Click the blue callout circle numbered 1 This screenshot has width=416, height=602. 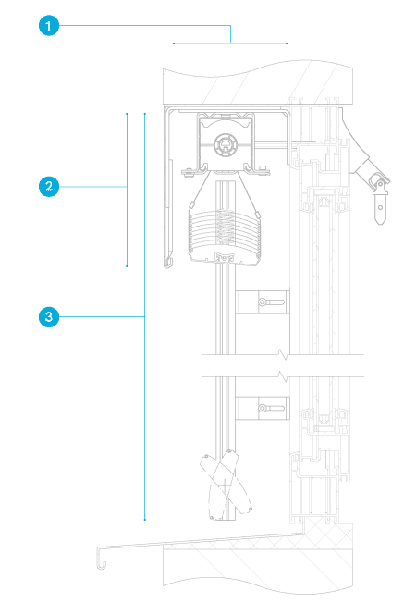(x=49, y=26)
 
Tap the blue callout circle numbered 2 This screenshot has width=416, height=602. (x=49, y=187)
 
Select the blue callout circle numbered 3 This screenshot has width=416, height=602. (x=49, y=317)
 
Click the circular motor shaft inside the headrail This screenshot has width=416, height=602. (x=226, y=145)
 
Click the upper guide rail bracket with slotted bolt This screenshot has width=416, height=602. (x=263, y=302)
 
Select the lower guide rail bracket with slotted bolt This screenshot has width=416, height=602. (x=263, y=408)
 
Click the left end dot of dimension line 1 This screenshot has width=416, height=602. (x=174, y=43)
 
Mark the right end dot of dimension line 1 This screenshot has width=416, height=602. (x=287, y=43)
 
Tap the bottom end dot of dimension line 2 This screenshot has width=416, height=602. (x=127, y=266)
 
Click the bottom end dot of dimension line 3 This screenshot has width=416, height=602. (x=145, y=520)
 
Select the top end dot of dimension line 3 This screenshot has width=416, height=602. (x=145, y=114)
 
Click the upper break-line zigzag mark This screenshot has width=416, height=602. (x=284, y=355)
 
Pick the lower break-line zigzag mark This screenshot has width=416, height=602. (x=284, y=376)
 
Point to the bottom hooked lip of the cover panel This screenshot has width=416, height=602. (x=168, y=263)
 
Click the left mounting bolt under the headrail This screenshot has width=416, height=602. (x=188, y=172)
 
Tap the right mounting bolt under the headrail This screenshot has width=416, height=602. (x=263, y=171)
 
